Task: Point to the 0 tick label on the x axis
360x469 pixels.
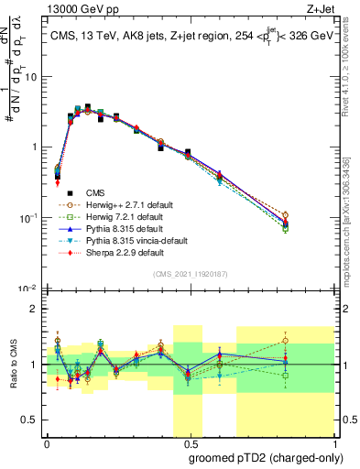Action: pyautogui.click(x=47, y=442)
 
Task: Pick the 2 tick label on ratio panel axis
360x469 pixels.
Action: pyautogui.click(x=34, y=309)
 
